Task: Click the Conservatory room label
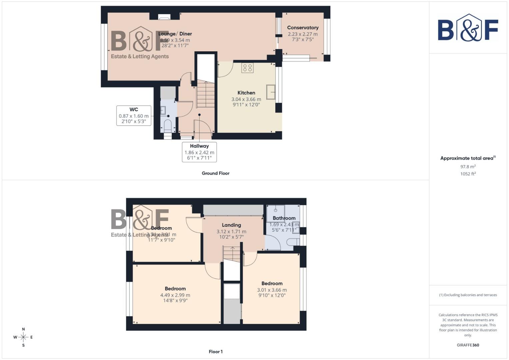click(303, 28)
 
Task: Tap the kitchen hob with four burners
click(248, 68)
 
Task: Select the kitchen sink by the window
click(271, 92)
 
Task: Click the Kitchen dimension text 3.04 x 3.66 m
click(246, 99)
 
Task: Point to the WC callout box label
click(134, 109)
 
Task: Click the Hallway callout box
click(199, 152)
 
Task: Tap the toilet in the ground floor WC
click(168, 126)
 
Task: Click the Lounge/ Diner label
click(175, 34)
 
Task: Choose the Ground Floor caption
click(215, 173)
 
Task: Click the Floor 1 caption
click(216, 352)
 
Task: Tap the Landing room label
click(231, 225)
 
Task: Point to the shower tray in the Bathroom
click(276, 213)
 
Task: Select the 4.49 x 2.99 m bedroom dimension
click(175, 295)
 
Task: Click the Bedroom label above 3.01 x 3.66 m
click(272, 283)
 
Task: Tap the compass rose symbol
click(23, 337)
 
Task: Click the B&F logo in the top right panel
click(468, 28)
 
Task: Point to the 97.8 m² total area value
click(468, 167)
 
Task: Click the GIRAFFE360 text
click(468, 345)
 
